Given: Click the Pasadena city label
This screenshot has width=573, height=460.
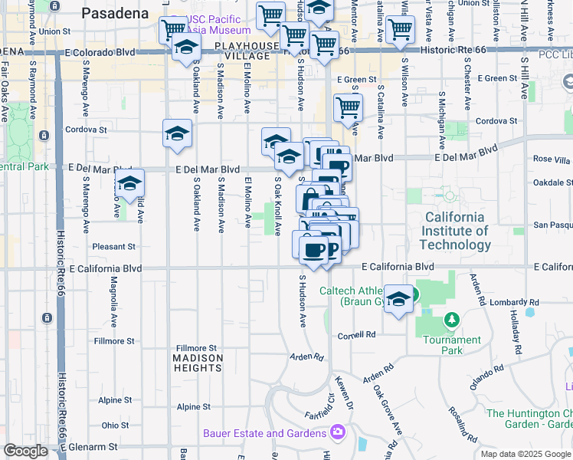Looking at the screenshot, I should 116,13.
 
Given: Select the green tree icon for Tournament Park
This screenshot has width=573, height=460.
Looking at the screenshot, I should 452,319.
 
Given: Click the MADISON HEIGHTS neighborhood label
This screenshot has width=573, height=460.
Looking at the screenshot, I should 198,363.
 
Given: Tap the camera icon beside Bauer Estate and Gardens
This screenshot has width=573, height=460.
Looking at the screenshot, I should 338,433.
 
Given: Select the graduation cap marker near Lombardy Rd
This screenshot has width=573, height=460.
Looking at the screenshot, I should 398,299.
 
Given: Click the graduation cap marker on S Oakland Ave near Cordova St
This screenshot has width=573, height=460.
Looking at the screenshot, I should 177,134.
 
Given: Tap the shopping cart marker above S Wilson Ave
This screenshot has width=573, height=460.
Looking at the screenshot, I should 400,29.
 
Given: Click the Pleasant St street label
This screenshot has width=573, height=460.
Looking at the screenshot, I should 113,247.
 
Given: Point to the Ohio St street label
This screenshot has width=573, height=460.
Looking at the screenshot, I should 115,425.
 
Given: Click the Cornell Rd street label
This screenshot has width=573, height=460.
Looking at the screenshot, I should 357,335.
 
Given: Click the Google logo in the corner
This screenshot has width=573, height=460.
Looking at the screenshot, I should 26,450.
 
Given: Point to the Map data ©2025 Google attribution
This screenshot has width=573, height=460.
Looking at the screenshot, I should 525,454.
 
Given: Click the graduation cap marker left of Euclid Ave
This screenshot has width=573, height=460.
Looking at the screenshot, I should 129,184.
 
